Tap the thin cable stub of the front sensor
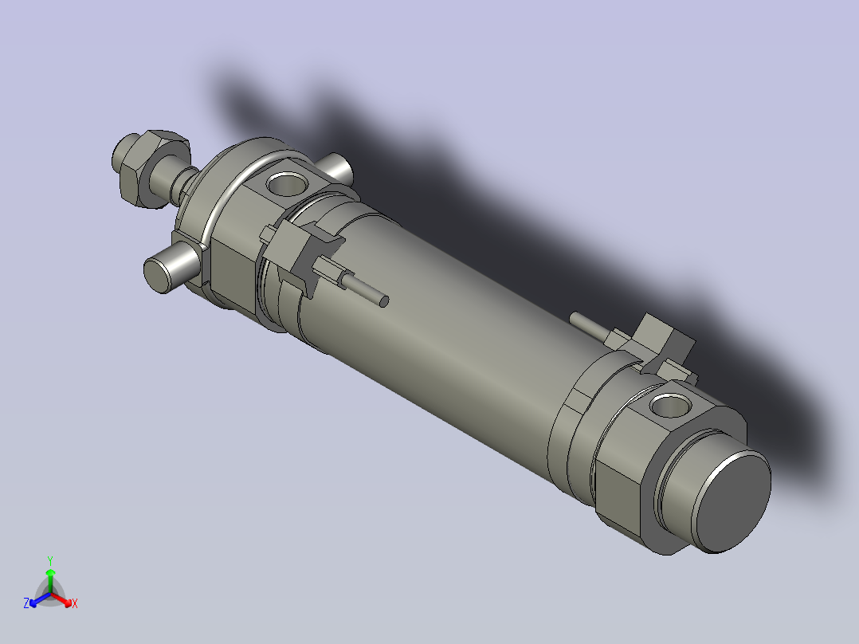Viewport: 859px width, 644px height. [x=367, y=291]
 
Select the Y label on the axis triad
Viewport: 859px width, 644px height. [x=50, y=560]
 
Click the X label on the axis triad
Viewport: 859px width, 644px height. [x=74, y=604]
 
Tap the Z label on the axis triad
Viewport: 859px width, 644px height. [x=26, y=603]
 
